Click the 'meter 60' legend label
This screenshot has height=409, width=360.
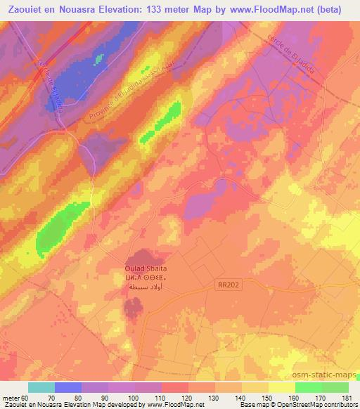click(x=16, y=398)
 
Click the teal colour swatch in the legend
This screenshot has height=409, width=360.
click(x=41, y=387)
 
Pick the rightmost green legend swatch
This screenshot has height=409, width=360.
click(x=335, y=387)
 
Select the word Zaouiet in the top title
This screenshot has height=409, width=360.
click(x=24, y=10)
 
